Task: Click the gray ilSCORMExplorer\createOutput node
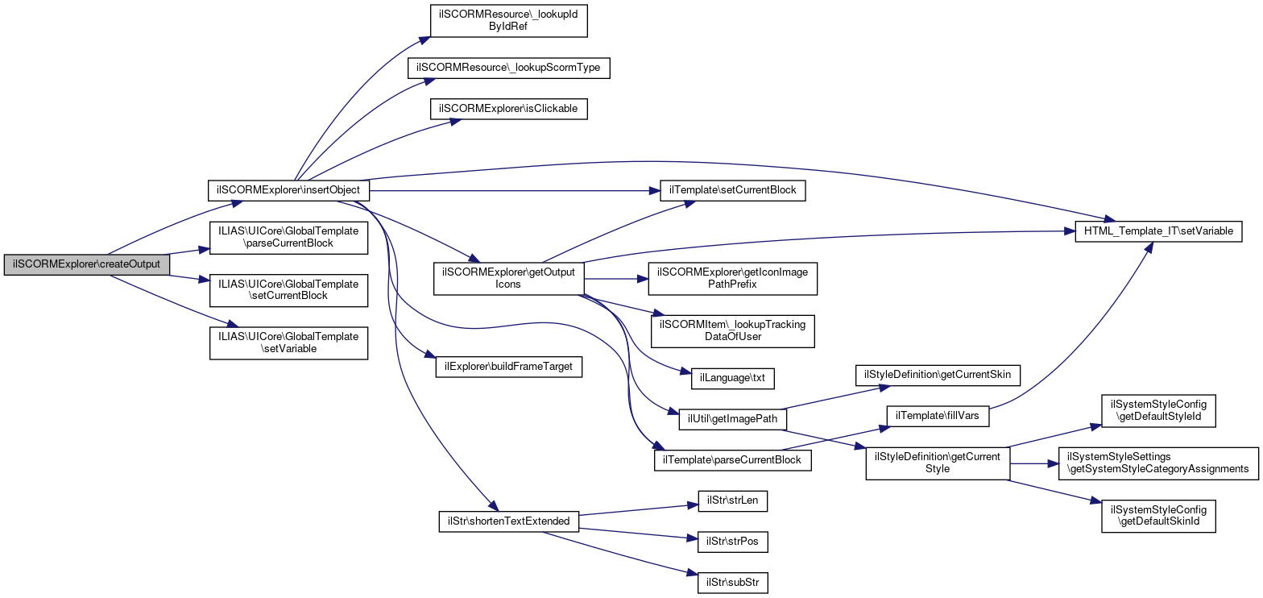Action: pos(86,264)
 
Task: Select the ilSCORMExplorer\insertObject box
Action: pos(288,190)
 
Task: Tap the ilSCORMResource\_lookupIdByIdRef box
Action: pos(508,21)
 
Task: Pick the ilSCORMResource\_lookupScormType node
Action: pos(508,68)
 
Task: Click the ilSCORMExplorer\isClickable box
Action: pos(508,109)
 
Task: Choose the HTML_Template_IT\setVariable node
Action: pos(1158,231)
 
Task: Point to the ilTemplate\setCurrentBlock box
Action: pos(732,190)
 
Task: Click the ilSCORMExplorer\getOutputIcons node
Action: pos(508,278)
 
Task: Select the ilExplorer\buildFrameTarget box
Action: pos(508,367)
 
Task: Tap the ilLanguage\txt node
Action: pos(732,378)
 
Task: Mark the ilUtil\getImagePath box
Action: pos(732,419)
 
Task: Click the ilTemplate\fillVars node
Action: pos(938,416)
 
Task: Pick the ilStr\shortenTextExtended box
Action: pos(508,521)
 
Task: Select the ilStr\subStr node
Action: pos(732,583)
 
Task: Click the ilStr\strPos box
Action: pos(732,542)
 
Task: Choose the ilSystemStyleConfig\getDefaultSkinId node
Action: pos(1158,516)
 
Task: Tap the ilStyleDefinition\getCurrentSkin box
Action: pos(938,376)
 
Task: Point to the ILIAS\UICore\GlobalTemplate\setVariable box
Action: pos(288,343)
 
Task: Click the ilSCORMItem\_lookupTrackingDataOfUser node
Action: pos(732,331)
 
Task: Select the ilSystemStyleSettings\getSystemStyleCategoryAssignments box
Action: pos(1158,463)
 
